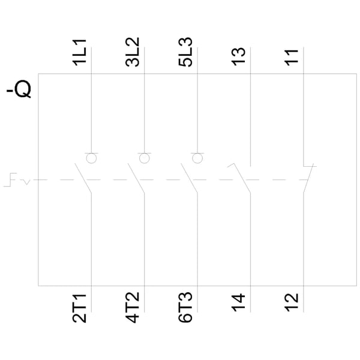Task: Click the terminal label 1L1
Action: point(79,53)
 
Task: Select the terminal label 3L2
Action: point(132,52)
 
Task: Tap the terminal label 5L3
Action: point(185,52)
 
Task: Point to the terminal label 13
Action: point(238,57)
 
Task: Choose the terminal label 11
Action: point(292,58)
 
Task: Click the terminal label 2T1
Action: point(79,308)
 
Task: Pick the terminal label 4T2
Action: point(132,307)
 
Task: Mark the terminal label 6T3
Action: point(185,307)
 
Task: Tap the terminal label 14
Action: point(238,302)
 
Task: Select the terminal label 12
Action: point(292,302)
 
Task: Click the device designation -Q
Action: point(19,89)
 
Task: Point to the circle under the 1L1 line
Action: point(91,158)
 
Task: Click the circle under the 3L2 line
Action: point(145,158)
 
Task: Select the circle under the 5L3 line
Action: point(197,158)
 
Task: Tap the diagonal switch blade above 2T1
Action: point(83,178)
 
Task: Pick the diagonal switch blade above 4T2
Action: point(136,178)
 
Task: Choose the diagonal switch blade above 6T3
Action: point(189,178)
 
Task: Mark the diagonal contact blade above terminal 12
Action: point(308,178)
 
